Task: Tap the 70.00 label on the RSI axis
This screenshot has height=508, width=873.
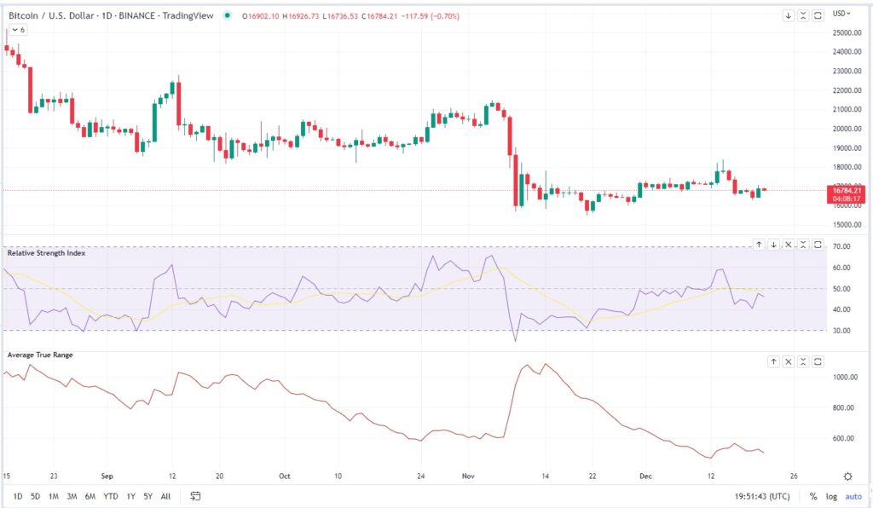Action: pyautogui.click(x=842, y=246)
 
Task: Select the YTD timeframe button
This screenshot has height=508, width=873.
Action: pyautogui.click(x=111, y=496)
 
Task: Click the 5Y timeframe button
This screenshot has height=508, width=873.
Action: pyautogui.click(x=148, y=496)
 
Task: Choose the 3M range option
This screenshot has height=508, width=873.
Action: pyautogui.click(x=72, y=496)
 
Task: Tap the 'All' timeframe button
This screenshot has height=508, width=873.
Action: pyautogui.click(x=165, y=496)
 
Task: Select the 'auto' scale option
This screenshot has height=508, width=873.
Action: pyautogui.click(x=853, y=496)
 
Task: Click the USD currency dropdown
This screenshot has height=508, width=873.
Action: pyautogui.click(x=842, y=13)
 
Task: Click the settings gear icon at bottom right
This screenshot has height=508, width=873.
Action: pyautogui.click(x=847, y=476)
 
